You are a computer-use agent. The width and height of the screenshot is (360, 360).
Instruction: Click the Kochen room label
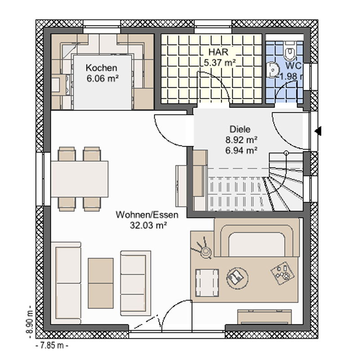coord(101,68)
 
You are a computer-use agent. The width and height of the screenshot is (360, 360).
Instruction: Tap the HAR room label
coord(218,52)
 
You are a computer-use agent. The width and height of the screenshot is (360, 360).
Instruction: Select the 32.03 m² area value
coord(148,225)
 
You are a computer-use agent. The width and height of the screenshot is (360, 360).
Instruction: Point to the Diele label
coord(240,129)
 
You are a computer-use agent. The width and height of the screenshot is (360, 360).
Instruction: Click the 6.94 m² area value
coord(241,150)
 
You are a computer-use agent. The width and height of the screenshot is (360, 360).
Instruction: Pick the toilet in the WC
coord(290,50)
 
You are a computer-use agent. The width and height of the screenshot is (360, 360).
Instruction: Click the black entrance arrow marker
coord(318,131)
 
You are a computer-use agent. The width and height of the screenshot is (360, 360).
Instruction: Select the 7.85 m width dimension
coord(52,345)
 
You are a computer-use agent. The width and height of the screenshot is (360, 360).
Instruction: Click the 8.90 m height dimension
coord(30,322)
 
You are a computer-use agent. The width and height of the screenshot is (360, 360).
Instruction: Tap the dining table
coord(80,179)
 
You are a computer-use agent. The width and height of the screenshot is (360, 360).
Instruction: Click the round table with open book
coord(237,277)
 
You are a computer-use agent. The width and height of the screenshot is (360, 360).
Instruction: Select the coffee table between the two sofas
coord(100,283)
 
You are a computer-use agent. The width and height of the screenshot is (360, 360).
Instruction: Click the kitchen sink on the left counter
coord(55,85)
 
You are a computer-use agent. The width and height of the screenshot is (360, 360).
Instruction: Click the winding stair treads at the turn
coord(285,188)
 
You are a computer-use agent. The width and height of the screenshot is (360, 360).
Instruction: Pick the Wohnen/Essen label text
coord(147,215)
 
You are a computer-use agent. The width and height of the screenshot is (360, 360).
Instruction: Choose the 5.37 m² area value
coord(220,63)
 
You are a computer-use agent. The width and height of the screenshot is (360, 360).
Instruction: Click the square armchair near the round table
coord(207,283)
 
